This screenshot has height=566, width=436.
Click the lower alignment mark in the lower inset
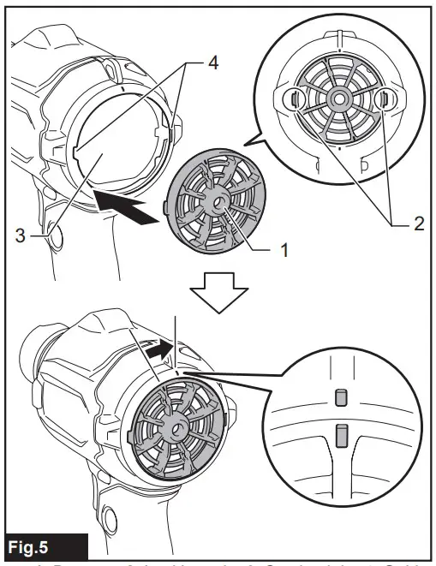click(x=340, y=435)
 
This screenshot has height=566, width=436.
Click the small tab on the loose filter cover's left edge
click(x=166, y=206)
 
